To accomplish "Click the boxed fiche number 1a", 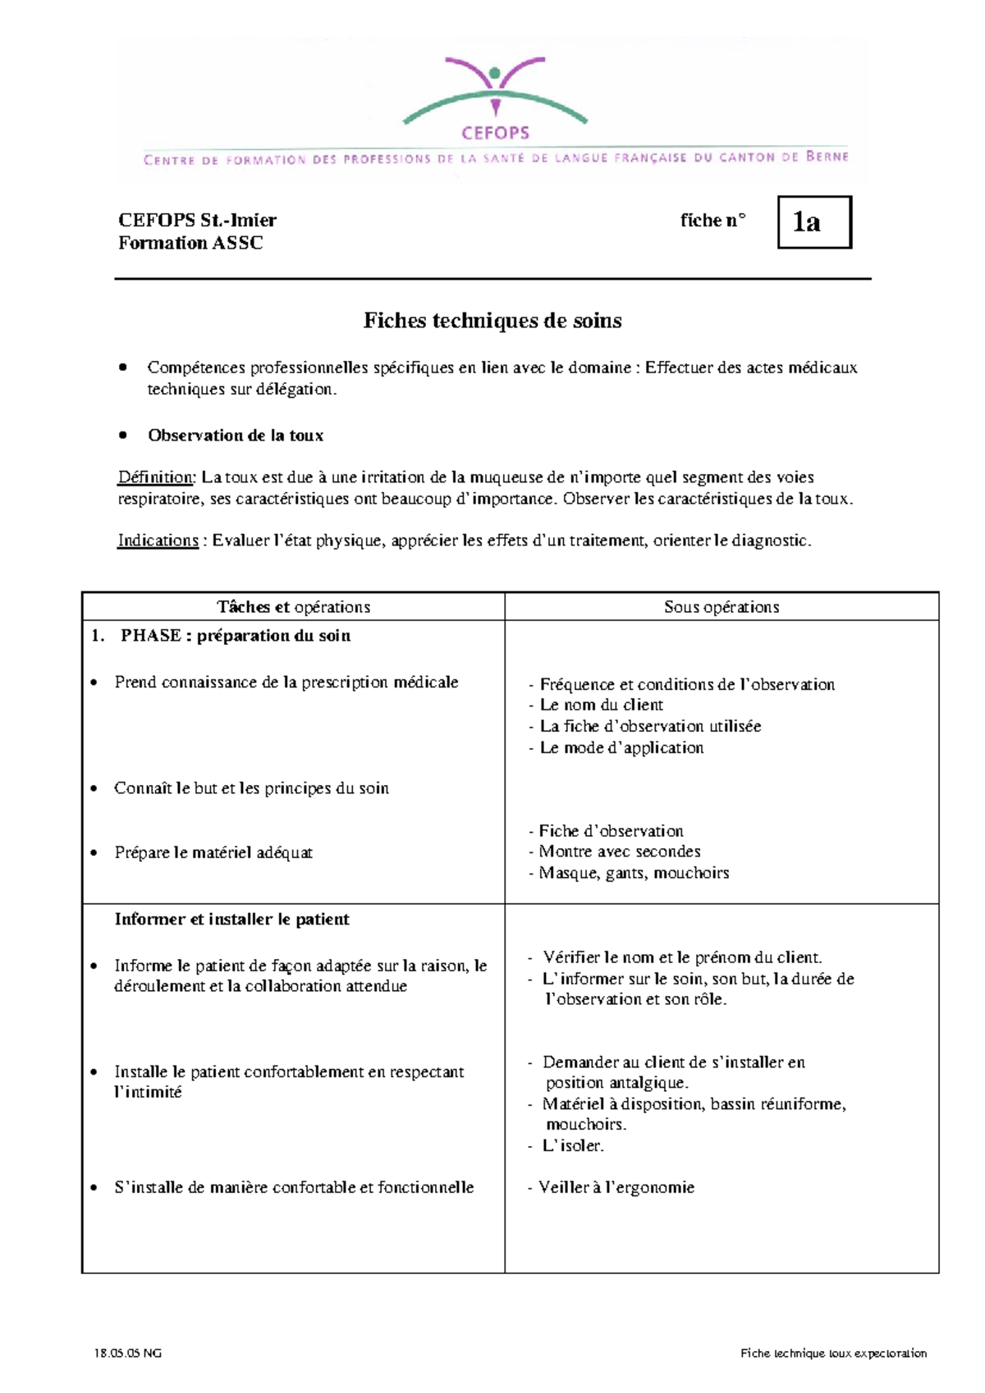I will [x=813, y=222].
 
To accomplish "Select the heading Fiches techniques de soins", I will [x=492, y=321].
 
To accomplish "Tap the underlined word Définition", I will [x=155, y=477].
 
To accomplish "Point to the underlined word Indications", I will [x=158, y=541].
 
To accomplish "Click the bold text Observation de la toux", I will [x=236, y=436].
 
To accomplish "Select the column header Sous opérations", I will [x=722, y=607].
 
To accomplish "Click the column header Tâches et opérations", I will [x=293, y=607].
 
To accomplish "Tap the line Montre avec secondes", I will [x=619, y=852].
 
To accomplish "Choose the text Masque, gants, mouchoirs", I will [x=633, y=873].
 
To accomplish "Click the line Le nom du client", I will [x=601, y=705].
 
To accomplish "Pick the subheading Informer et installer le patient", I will [x=232, y=920].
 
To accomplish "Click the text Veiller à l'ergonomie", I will [x=616, y=1187].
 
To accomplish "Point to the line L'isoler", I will [x=573, y=1145].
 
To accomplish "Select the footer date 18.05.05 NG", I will [x=128, y=1354].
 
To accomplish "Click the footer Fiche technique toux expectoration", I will [x=832, y=1354].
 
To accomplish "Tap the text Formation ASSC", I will [x=190, y=243].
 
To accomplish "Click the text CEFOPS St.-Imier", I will [x=197, y=220].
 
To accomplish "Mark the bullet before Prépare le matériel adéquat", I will [x=95, y=853].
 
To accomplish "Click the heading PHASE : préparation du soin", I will [x=235, y=636].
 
